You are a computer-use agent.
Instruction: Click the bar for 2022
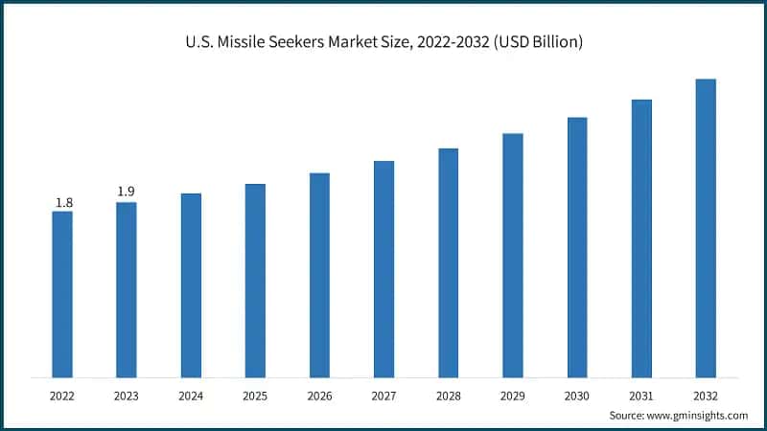click(x=62, y=294)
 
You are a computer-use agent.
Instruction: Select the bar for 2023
click(x=127, y=289)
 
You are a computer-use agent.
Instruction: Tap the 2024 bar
click(x=191, y=285)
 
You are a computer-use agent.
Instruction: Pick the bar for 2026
click(x=319, y=275)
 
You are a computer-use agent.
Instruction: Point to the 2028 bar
click(x=449, y=262)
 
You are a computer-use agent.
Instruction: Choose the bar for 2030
click(x=577, y=247)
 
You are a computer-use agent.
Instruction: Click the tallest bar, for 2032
click(x=706, y=228)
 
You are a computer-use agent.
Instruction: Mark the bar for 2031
click(x=641, y=238)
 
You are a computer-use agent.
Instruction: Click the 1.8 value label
click(x=63, y=202)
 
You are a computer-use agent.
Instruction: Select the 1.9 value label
click(x=127, y=192)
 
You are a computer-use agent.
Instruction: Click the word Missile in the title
click(x=246, y=42)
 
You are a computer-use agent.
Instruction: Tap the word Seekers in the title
click(x=307, y=42)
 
